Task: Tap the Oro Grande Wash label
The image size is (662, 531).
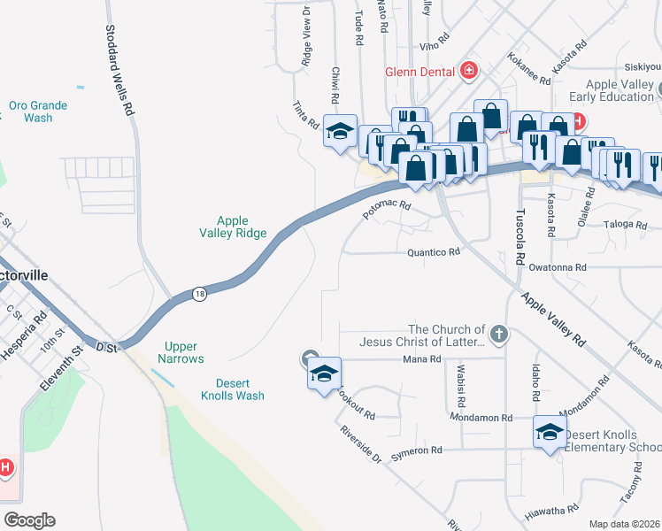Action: (x=38, y=111)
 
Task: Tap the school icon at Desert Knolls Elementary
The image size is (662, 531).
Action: (x=549, y=433)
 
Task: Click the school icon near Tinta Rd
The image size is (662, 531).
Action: (x=339, y=131)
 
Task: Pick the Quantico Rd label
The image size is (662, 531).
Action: (x=434, y=252)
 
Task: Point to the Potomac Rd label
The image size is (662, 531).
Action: (x=388, y=211)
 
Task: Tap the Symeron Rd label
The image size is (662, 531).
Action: (x=416, y=450)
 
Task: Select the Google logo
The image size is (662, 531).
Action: (x=29, y=520)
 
